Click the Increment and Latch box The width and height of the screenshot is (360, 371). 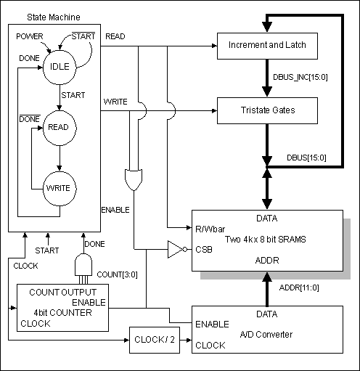tap(267, 46)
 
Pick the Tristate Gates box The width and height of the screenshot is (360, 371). tap(267, 110)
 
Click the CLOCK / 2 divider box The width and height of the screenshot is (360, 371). tap(155, 340)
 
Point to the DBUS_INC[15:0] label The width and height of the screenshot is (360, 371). tap(300, 77)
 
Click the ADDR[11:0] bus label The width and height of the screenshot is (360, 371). tap(299, 288)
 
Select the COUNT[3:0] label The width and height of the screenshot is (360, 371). tap(117, 274)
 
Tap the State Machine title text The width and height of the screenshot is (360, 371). tap(54, 17)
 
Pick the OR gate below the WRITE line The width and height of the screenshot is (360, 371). tap(134, 180)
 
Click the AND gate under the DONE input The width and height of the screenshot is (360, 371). tap(83, 264)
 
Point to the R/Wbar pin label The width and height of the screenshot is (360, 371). tap(210, 229)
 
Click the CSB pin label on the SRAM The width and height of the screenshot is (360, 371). tap(204, 250)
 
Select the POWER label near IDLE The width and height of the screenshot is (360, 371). tap(30, 36)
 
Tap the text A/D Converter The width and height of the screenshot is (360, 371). tap(266, 335)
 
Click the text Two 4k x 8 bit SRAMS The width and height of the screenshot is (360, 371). tap(266, 240)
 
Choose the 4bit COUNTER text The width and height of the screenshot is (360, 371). tap(62, 313)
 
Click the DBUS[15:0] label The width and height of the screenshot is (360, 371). tap(306, 158)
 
